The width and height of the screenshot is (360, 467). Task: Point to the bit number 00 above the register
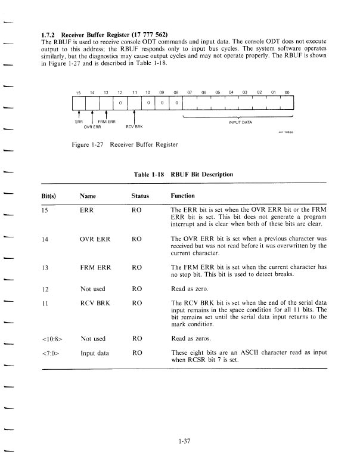287,92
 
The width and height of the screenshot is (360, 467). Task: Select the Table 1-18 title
184,174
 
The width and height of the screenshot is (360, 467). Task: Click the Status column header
139,195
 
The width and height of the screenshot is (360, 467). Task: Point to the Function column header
183,195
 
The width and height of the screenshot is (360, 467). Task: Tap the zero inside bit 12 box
120,103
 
